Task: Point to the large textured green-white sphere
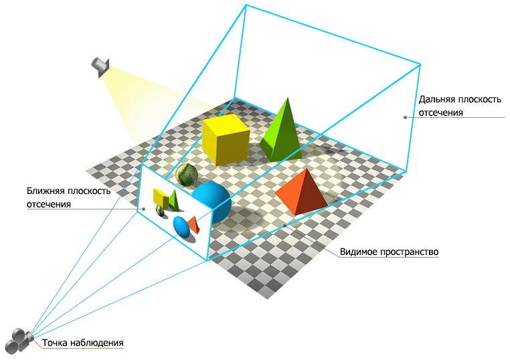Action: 187,175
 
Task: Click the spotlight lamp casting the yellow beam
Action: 100,66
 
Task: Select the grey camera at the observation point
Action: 20,339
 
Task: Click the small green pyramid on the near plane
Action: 174,199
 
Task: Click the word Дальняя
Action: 436,99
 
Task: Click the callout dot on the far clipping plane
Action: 405,118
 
